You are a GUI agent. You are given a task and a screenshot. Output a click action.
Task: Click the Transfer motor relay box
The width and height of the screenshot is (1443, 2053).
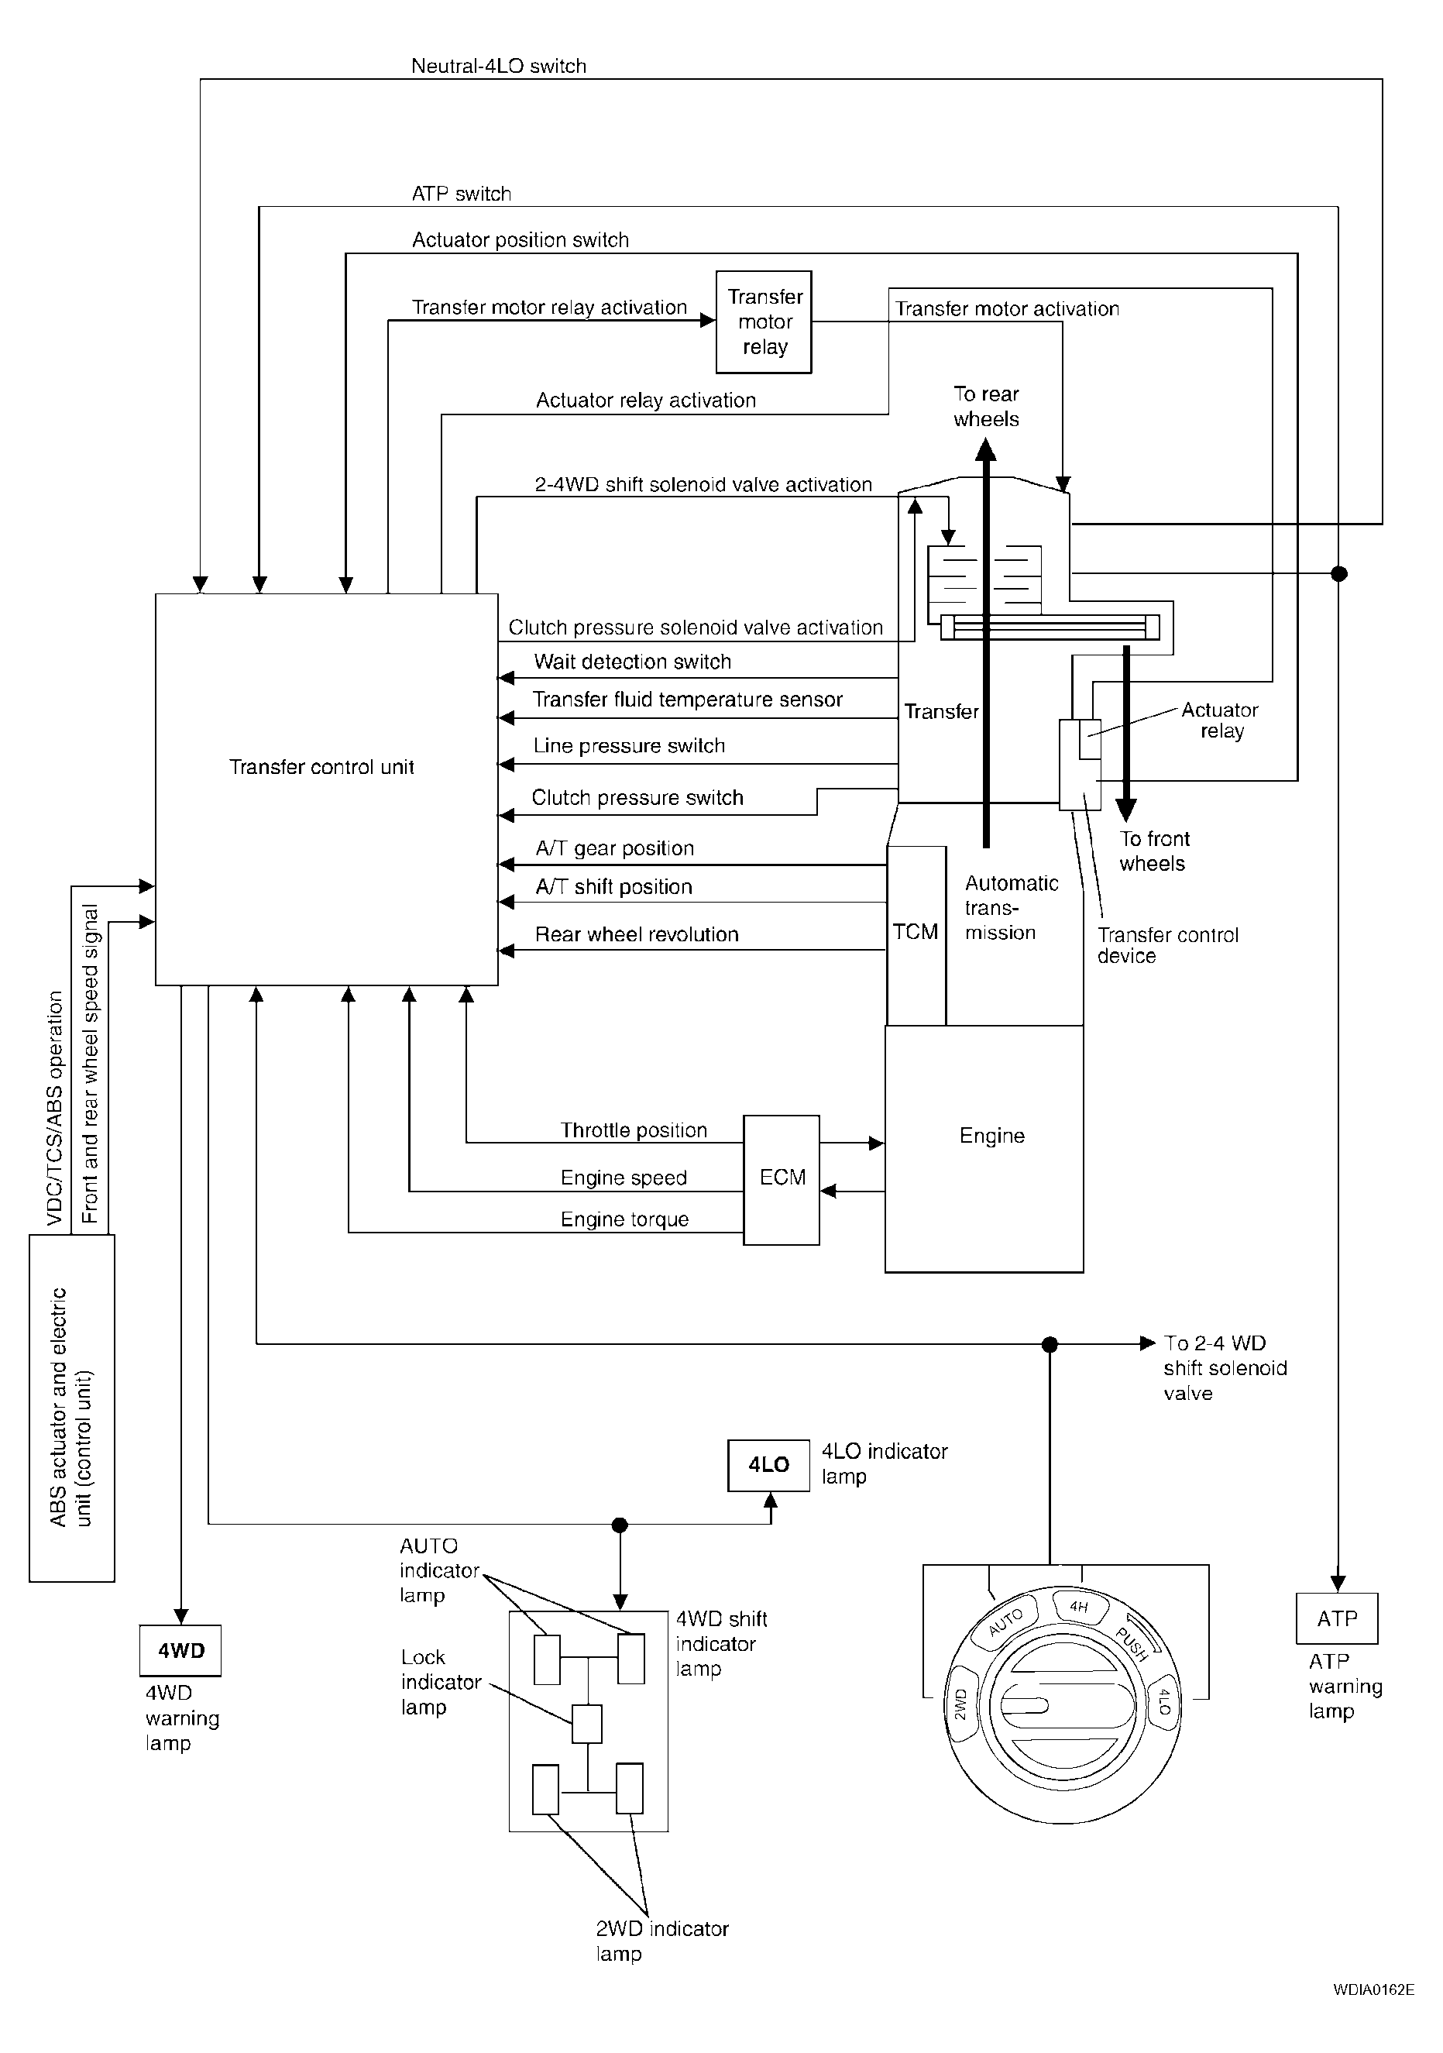[x=764, y=322]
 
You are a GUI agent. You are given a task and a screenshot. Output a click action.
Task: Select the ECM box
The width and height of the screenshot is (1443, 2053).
[x=782, y=1178]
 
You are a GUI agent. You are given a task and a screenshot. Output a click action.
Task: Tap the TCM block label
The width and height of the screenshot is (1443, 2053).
[x=916, y=932]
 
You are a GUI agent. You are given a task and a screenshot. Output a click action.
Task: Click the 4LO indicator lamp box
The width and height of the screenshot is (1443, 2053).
[x=768, y=1465]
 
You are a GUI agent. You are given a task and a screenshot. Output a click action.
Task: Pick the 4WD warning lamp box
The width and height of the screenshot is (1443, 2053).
[x=180, y=1651]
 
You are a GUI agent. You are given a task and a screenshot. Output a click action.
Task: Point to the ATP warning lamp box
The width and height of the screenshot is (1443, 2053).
[x=1337, y=1618]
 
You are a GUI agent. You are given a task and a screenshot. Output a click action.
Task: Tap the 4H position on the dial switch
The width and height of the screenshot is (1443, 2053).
[x=1079, y=1607]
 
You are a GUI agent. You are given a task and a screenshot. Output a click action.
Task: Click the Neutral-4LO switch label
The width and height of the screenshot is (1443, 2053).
[x=498, y=66]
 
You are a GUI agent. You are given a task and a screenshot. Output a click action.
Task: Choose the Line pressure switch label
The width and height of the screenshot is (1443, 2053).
[x=628, y=746]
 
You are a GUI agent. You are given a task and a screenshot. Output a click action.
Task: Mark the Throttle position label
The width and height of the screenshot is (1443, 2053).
[x=633, y=1130]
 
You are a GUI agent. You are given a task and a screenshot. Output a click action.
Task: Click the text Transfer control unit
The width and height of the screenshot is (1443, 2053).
[x=321, y=767]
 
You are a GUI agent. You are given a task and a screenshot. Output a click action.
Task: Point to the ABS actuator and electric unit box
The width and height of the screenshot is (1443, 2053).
[x=71, y=1408]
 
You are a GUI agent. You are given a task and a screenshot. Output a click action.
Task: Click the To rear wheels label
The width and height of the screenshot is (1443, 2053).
[x=986, y=407]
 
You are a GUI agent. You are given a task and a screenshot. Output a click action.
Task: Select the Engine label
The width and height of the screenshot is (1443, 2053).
[x=991, y=1136]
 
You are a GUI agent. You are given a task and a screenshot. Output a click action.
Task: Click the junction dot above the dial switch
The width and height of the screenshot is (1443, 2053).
[x=1050, y=1344]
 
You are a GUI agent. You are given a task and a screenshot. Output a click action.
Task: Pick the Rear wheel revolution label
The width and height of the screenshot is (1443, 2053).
[x=637, y=934]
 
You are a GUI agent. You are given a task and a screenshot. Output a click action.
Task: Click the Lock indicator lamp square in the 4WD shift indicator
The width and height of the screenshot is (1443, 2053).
[x=586, y=1724]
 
